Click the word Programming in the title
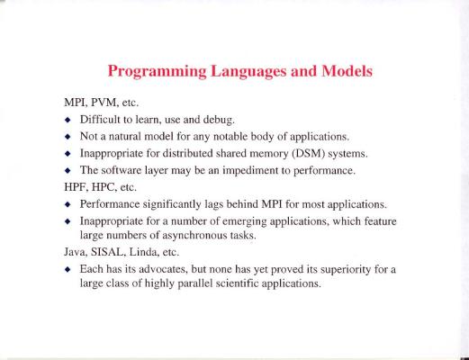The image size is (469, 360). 157,72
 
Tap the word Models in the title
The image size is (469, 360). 347,71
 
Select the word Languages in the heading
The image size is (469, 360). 248,72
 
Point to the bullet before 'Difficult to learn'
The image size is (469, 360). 68,120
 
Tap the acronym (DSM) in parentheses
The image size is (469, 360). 309,154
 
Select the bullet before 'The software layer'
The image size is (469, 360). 68,171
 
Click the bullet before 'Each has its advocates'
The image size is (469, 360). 68,270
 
